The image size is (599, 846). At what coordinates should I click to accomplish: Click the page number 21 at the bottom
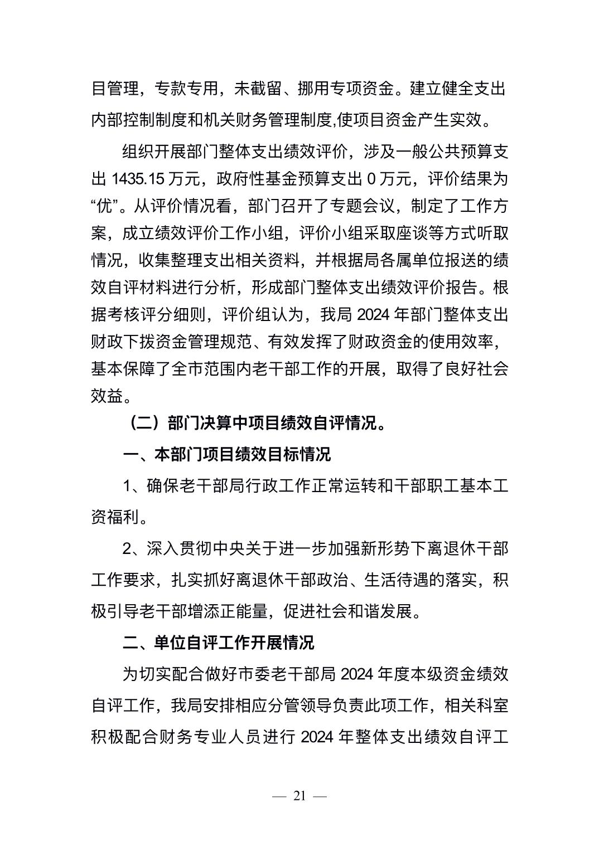point(299,796)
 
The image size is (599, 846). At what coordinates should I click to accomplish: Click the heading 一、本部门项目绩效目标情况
point(226,454)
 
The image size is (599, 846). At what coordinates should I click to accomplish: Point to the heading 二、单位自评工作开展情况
point(219,643)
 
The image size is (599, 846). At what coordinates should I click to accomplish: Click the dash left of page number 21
point(278,796)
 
